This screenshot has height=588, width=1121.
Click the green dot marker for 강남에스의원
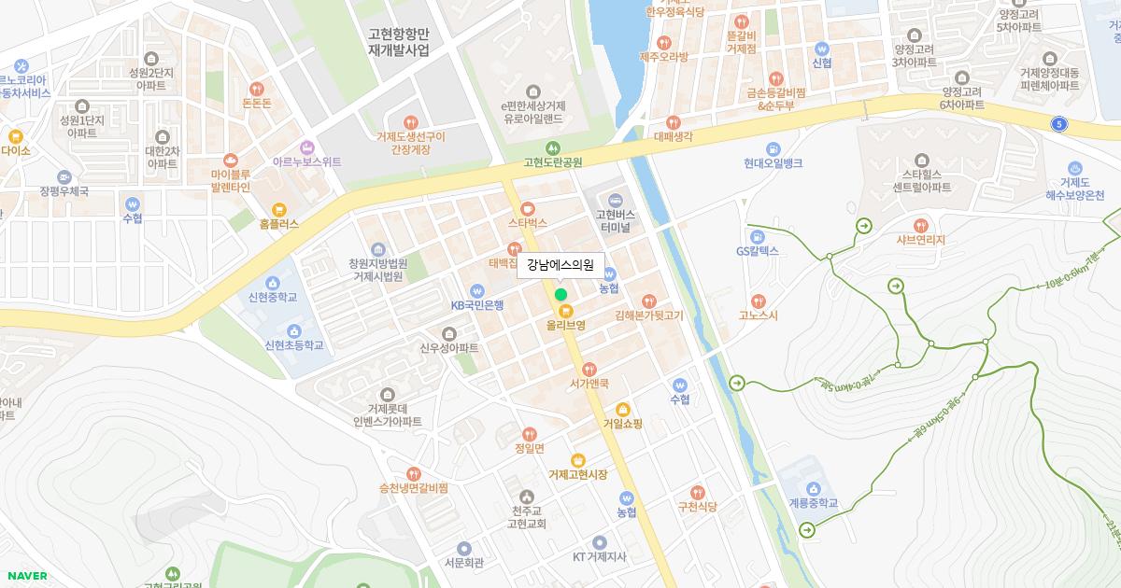pos(560,294)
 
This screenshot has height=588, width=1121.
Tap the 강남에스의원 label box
pos(560,264)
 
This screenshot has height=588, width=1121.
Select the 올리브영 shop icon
pos(564,310)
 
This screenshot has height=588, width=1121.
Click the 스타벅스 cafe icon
pos(528,208)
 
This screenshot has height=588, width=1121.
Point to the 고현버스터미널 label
pos(615,221)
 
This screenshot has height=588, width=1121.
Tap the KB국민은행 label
pos(477,305)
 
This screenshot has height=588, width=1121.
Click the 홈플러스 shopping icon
pos(278,209)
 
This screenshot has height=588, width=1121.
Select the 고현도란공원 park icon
pos(553,147)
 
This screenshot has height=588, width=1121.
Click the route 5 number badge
pos(1058,123)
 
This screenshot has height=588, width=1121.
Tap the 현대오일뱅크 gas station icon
pos(773,148)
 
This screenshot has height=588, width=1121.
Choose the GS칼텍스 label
pos(757,251)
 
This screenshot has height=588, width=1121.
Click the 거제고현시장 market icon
pos(578,459)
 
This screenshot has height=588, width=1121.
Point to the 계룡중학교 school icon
pos(813,488)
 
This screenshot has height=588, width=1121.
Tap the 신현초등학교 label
pos(294,345)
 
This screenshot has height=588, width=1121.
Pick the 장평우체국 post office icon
pos(64,176)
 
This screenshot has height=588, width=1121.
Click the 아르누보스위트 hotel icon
pos(306,147)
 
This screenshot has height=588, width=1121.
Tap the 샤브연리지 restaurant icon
pos(921,225)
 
